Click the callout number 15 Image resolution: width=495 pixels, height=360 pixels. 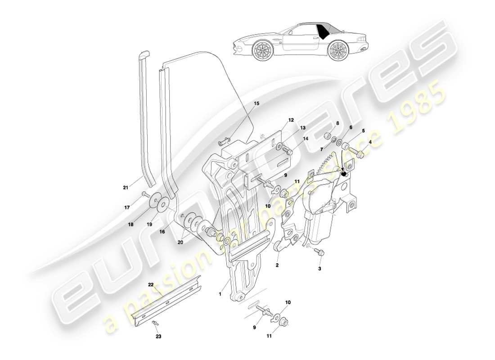(256, 103)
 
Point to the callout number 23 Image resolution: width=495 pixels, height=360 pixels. (158, 336)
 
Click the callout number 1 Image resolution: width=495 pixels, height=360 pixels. (220, 294)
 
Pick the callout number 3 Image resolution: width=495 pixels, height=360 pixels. (319, 269)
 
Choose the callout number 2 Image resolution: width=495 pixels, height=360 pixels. (277, 265)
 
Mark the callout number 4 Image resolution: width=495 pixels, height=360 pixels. (370, 142)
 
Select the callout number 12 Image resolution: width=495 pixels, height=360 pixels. (291, 120)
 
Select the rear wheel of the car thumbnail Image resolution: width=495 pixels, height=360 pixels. (337, 50)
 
